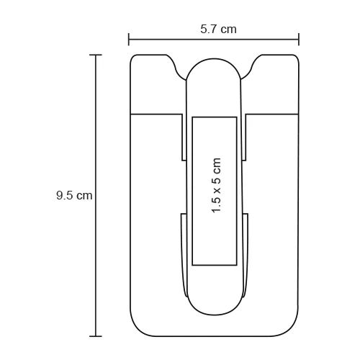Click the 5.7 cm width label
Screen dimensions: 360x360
coord(218,30)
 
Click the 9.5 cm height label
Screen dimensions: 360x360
coord(74,195)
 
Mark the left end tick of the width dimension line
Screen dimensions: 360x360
coord(129,39)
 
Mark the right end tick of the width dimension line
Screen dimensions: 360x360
coord(299,39)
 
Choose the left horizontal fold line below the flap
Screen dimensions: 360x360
coord(155,114)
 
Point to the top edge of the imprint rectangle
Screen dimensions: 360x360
coord(214,116)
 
